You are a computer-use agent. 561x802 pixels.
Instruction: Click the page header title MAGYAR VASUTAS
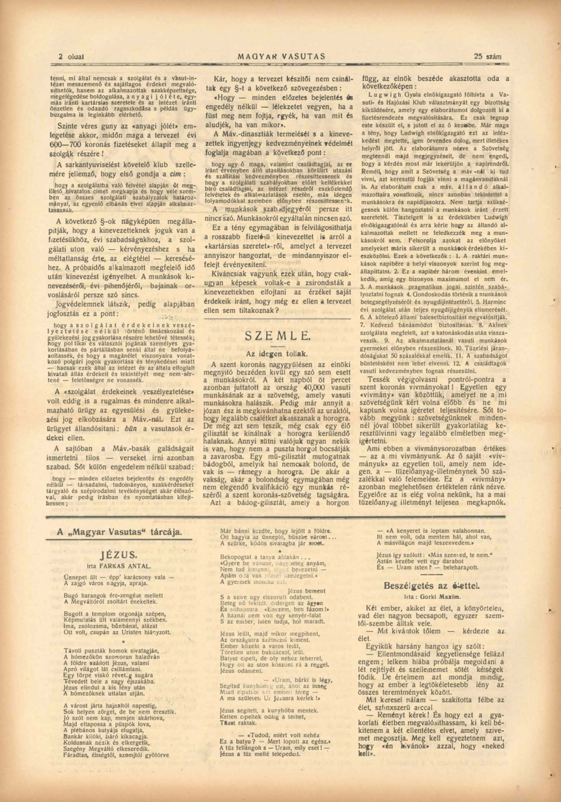pyautogui.click(x=281, y=56)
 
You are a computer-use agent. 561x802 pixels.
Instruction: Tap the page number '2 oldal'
pyautogui.click(x=71, y=57)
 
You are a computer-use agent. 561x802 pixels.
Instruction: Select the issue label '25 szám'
pyautogui.click(x=487, y=56)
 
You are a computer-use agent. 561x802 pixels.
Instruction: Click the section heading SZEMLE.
pyautogui.click(x=278, y=336)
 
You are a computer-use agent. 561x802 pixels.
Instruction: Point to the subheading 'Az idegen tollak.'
pyautogui.click(x=277, y=353)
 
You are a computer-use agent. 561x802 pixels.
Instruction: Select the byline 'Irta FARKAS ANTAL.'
pyautogui.click(x=119, y=566)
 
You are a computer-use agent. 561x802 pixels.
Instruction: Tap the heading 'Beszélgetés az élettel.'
pyautogui.click(x=432, y=585)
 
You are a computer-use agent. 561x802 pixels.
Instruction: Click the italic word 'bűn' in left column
pyautogui.click(x=132, y=429)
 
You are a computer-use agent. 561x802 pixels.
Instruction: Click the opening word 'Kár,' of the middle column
pyautogui.click(x=221, y=79)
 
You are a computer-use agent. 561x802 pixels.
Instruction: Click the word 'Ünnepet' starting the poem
pyautogui.click(x=75, y=577)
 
